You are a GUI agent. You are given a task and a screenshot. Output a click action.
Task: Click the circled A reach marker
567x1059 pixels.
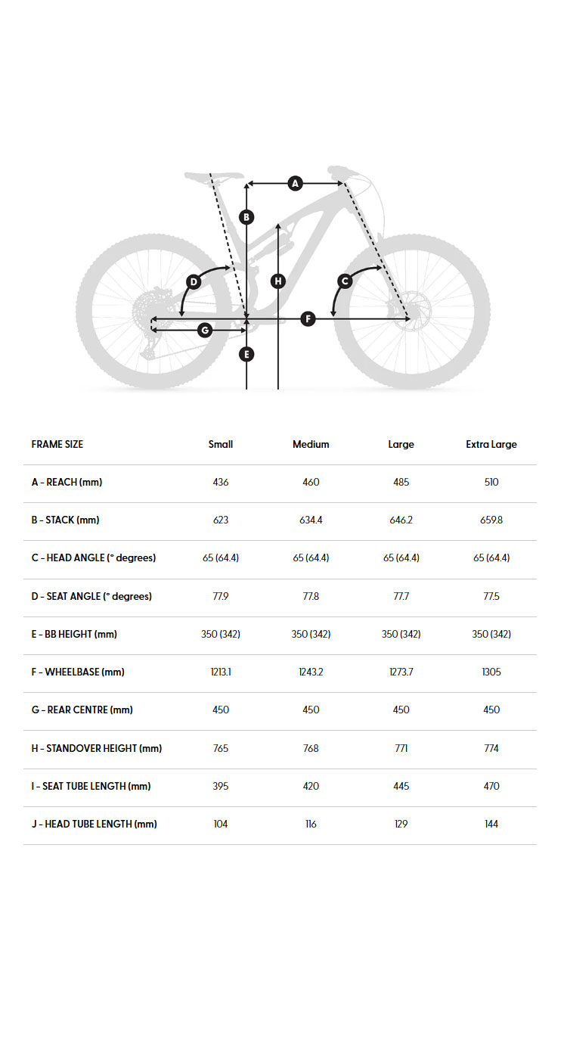tap(296, 183)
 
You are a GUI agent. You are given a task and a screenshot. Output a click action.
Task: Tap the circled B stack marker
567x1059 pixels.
tap(246, 217)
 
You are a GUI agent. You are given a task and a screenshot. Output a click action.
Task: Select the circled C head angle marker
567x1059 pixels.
tap(345, 281)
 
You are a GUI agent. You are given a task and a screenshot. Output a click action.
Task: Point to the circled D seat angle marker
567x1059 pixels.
tap(194, 282)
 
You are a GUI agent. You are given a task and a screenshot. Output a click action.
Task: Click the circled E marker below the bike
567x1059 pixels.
tap(246, 354)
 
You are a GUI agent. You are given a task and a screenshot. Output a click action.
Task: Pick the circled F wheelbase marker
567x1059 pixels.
tap(308, 318)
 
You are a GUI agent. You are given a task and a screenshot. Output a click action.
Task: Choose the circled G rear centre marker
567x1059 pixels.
tap(204, 330)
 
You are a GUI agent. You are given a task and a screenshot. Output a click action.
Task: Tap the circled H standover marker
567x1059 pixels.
tap(278, 281)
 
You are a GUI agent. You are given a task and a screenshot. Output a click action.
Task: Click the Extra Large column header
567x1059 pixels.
tap(491, 444)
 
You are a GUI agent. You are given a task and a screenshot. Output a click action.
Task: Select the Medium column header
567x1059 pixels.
tap(311, 444)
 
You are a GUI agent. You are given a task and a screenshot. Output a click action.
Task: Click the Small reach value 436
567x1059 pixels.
tap(221, 482)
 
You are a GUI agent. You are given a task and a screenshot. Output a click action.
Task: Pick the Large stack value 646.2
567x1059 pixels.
tap(401, 520)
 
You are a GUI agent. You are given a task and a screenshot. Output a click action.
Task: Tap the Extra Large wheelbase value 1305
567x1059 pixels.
tap(491, 672)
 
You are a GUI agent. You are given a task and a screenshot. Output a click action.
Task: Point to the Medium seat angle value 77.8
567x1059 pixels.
tap(311, 596)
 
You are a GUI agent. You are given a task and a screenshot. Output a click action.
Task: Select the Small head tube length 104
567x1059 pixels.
tap(221, 824)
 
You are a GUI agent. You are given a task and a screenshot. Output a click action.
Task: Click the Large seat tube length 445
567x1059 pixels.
tap(401, 786)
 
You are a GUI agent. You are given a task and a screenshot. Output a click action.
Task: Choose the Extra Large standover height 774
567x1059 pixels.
tap(491, 748)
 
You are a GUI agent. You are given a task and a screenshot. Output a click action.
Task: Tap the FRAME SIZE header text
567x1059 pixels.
tap(57, 444)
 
